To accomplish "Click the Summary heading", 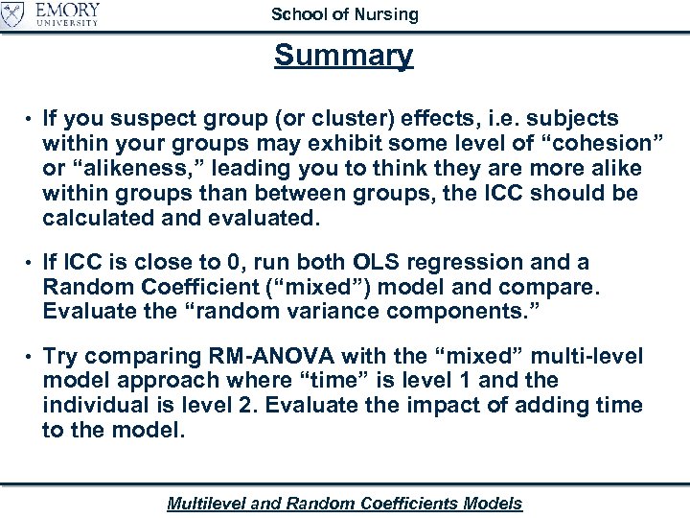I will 344,56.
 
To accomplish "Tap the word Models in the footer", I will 493,503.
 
